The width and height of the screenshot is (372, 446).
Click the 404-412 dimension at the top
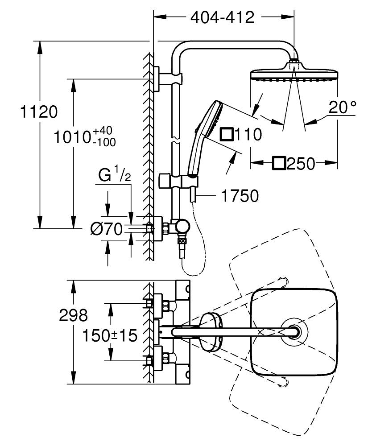pyautogui.click(x=222, y=18)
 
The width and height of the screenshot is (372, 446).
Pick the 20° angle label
pyautogui.click(x=343, y=107)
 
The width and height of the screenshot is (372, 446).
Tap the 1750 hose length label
pyautogui.click(x=240, y=196)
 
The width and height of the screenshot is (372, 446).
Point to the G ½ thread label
pyautogui.click(x=115, y=175)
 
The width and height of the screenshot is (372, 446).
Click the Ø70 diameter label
pyautogui.click(x=106, y=229)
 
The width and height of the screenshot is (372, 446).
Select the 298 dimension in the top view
pyautogui.click(x=74, y=315)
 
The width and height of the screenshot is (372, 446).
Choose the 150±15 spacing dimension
pyautogui.click(x=110, y=336)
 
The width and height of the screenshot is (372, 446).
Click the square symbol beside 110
pyautogui.click(x=227, y=134)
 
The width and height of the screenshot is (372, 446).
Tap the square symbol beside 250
pyautogui.click(x=279, y=164)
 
